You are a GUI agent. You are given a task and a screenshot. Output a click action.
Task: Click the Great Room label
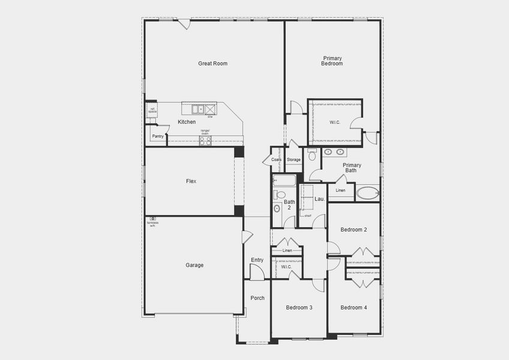pyautogui.click(x=212, y=63)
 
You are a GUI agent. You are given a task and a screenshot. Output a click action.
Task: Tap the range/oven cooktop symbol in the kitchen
pyautogui.click(x=205, y=141)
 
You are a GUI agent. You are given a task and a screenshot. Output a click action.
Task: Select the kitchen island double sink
pyautogui.click(x=197, y=109)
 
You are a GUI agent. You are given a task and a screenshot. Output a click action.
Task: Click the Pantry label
pyautogui.click(x=158, y=136)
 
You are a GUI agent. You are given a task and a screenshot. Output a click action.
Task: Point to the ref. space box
pyautogui.click(x=152, y=110)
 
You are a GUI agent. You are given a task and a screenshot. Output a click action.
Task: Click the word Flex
pyautogui.click(x=191, y=181)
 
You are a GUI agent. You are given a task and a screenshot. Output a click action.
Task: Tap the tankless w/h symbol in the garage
pyautogui.click(x=153, y=219)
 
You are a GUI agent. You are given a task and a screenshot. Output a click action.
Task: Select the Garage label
pyautogui.click(x=194, y=265)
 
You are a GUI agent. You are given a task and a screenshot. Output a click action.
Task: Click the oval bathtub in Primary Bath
pyautogui.click(x=367, y=193)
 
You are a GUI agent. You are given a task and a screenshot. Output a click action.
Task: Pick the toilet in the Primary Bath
pyautogui.click(x=312, y=155)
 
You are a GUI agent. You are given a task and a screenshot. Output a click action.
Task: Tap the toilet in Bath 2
pyautogui.click(x=280, y=194)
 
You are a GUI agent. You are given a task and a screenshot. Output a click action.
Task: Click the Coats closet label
pyautogui.click(x=276, y=160)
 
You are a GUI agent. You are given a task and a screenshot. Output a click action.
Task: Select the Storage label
pyautogui.click(x=294, y=160)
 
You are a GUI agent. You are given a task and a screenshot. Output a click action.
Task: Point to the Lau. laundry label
pyautogui.click(x=319, y=199)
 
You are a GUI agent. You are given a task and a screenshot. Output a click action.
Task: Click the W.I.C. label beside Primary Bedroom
pyautogui.click(x=335, y=122)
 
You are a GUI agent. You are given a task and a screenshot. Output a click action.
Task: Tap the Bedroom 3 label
pyautogui.click(x=298, y=307)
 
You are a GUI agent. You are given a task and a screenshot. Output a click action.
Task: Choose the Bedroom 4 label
pyautogui.click(x=354, y=307)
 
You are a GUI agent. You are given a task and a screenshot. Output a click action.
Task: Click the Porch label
pyautogui.click(x=257, y=298)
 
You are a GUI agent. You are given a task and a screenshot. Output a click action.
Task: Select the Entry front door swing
pyautogui.click(x=257, y=272)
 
